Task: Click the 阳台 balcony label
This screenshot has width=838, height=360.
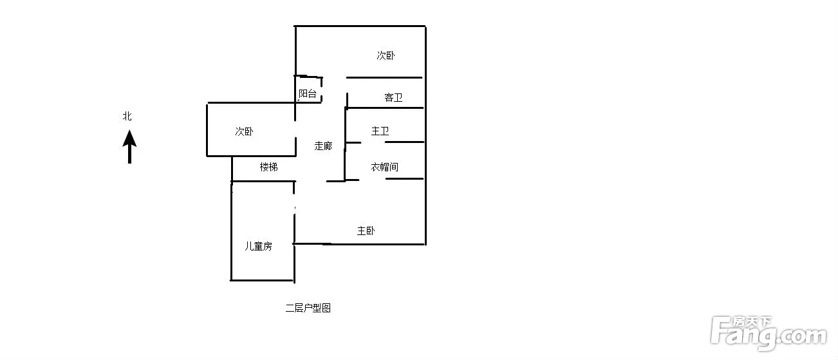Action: [x=308, y=93]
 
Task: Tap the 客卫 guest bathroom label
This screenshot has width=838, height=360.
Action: [x=393, y=98]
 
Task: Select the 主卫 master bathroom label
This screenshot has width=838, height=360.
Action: [x=380, y=131]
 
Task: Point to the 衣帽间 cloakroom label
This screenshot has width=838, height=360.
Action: [x=384, y=167]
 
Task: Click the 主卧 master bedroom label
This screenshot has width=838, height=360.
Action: [x=366, y=231]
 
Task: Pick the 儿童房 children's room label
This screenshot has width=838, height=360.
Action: [x=258, y=246]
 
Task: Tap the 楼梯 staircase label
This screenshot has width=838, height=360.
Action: [x=269, y=167]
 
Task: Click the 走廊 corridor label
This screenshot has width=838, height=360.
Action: [x=323, y=146]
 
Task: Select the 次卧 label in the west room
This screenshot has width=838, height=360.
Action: [x=244, y=131]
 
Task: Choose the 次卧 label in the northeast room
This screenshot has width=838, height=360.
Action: [x=386, y=55]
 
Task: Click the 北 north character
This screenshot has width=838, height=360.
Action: [x=127, y=117]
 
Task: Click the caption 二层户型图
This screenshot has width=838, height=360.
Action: [x=308, y=308]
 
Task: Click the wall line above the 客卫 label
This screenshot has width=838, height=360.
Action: [x=384, y=78]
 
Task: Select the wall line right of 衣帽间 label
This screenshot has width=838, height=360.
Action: [x=404, y=178]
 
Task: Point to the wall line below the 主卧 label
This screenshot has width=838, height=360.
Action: [x=360, y=244]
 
